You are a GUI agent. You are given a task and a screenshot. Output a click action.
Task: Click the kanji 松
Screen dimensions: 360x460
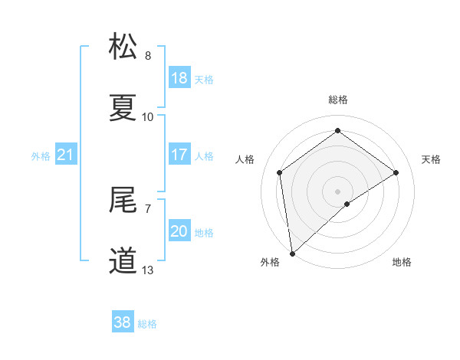[x=124, y=47]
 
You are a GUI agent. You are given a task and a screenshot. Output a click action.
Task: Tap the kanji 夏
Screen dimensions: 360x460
[x=124, y=108]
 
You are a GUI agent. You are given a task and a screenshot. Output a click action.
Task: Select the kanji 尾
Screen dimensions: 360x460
[x=124, y=200]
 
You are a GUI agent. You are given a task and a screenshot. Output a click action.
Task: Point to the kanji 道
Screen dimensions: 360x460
[x=124, y=261]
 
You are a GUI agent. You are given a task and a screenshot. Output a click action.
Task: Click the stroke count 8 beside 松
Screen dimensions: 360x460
[x=148, y=56]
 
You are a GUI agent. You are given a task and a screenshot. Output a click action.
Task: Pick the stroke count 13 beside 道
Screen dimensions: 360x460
[x=148, y=270]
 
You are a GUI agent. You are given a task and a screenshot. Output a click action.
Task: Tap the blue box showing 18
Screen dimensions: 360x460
[x=179, y=78]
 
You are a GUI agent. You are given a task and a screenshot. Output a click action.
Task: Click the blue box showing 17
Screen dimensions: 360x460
[x=179, y=155]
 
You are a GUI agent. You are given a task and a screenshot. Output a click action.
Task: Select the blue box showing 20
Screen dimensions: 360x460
[x=179, y=231]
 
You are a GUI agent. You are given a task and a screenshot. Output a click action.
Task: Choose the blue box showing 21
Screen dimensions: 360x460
[x=66, y=155]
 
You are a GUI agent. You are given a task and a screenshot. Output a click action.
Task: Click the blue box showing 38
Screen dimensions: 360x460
[x=123, y=322]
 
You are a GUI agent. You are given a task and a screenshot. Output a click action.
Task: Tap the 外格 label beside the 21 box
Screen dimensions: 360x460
[x=41, y=156]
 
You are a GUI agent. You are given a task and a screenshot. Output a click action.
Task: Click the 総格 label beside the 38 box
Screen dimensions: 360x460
[x=147, y=324]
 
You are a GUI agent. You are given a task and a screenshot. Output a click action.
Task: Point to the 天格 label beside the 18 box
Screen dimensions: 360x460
[x=204, y=79]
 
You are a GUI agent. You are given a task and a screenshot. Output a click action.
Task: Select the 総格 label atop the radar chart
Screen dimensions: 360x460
[x=338, y=100]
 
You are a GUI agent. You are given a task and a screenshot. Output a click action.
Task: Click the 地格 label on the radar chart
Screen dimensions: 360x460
[x=402, y=263]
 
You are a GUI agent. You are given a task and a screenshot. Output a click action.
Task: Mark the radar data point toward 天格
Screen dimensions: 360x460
[x=396, y=172]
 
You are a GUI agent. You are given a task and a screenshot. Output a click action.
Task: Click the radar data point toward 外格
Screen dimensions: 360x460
[x=291, y=253]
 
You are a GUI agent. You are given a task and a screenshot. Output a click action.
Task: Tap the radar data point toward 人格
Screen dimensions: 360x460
[x=280, y=172]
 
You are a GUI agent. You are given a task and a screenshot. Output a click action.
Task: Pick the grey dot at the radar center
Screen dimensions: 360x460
[x=338, y=191]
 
